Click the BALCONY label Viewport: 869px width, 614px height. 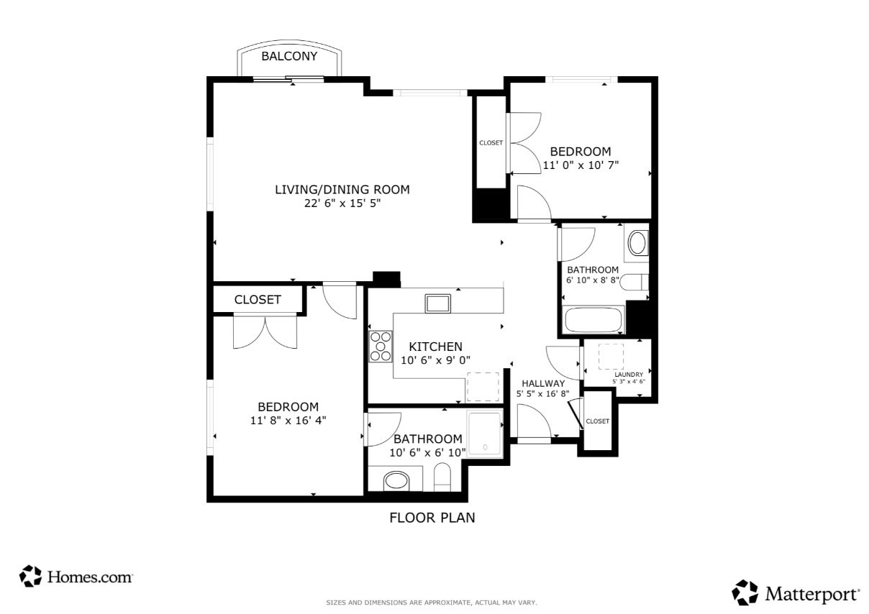click(x=289, y=56)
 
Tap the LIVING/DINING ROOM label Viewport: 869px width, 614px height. click(x=342, y=190)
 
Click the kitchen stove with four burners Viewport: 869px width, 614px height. click(x=381, y=346)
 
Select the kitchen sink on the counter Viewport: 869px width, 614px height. click(x=437, y=303)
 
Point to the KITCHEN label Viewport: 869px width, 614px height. click(x=435, y=347)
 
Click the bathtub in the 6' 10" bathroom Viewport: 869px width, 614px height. click(x=593, y=320)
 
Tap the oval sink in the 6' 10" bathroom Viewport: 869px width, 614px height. click(x=637, y=243)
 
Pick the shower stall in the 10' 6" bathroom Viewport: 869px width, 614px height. click(x=485, y=434)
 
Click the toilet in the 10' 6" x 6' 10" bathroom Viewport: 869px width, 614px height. click(x=442, y=477)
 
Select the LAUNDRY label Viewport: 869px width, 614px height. click(x=629, y=375)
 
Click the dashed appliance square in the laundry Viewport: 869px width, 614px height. click(x=611, y=356)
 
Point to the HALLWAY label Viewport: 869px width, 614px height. click(x=543, y=383)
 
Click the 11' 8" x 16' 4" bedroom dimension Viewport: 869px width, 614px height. click(x=288, y=420)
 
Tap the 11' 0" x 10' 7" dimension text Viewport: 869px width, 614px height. click(x=581, y=165)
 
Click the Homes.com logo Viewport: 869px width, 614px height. click(x=76, y=577)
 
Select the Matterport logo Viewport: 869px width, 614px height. click(x=796, y=593)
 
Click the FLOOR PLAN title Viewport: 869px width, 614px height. click(x=432, y=518)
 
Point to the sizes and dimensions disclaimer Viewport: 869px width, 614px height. click(x=432, y=602)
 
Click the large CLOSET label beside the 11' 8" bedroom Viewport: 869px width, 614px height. click(x=258, y=300)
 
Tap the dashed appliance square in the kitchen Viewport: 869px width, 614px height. click(x=483, y=387)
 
